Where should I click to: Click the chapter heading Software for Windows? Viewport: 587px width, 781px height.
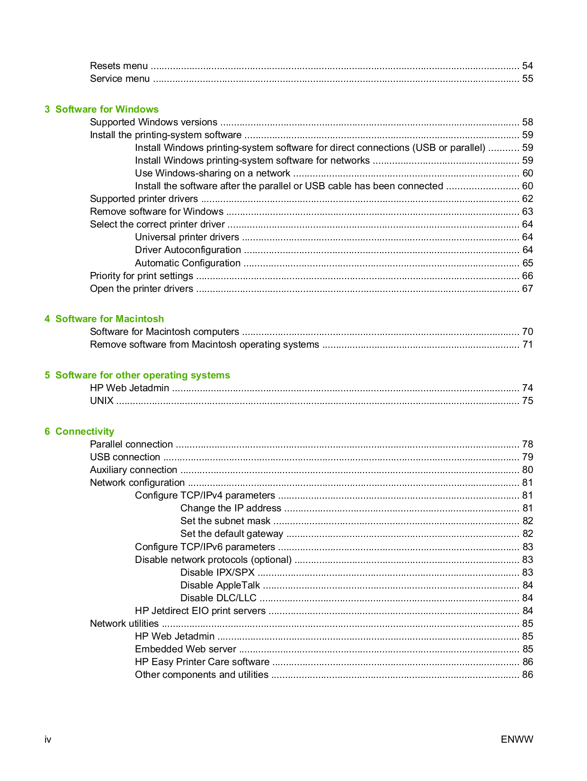click(107, 109)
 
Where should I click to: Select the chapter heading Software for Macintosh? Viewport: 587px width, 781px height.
click(109, 319)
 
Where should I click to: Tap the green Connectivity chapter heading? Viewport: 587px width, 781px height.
click(84, 431)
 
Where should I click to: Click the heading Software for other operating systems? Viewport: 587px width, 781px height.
click(142, 375)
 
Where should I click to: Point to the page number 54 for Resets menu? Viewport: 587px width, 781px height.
click(527, 66)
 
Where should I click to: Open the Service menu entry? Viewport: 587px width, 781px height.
click(120, 79)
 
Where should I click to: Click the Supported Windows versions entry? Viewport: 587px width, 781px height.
click(153, 122)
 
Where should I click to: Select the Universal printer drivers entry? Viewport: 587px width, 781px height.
click(187, 237)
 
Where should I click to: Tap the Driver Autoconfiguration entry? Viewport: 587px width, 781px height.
click(188, 250)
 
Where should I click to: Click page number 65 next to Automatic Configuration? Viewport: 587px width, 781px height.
click(527, 263)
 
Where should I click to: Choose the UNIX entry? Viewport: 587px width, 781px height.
click(102, 401)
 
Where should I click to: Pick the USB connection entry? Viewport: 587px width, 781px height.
click(125, 457)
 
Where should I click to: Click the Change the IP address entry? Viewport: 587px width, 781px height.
click(231, 508)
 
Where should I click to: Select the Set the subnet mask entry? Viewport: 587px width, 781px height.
click(225, 521)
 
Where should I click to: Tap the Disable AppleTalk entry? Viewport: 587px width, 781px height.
click(220, 585)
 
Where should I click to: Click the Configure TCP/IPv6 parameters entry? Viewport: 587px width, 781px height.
click(205, 547)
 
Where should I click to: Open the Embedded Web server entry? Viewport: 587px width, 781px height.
click(186, 649)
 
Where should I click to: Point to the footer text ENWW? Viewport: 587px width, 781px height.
click(516, 739)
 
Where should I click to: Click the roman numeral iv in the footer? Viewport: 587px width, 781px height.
click(48, 739)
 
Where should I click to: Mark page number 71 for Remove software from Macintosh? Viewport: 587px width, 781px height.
click(527, 344)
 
